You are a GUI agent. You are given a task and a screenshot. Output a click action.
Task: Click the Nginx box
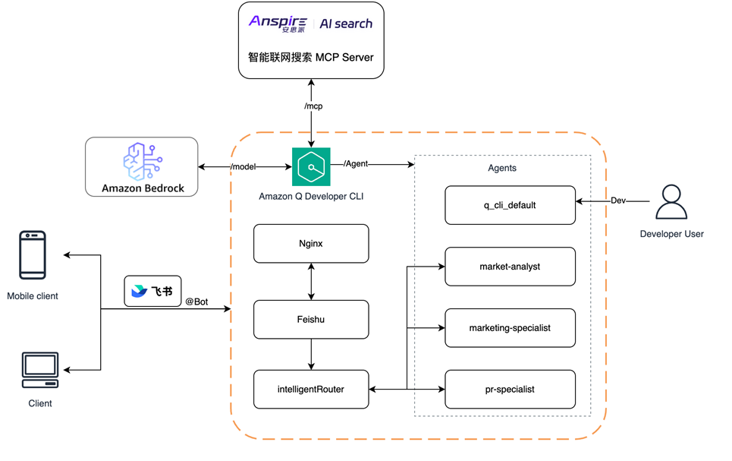click(x=311, y=244)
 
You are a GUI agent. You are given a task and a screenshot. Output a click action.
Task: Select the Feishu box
click(x=311, y=320)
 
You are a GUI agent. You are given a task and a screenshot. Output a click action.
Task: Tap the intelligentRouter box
click(x=311, y=390)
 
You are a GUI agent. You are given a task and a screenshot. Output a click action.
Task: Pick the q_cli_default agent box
click(x=510, y=205)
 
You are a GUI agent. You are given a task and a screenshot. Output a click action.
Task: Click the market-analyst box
click(x=510, y=267)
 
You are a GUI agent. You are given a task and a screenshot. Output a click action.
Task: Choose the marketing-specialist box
click(x=510, y=328)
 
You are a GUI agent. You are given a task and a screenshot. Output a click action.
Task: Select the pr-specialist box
click(x=510, y=390)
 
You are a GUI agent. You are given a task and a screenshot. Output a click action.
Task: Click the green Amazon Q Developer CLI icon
click(x=311, y=166)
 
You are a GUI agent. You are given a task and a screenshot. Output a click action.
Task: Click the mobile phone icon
click(x=33, y=256)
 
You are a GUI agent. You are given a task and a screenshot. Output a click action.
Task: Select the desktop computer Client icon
click(x=40, y=370)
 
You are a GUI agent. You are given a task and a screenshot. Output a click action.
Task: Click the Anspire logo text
click(x=278, y=24)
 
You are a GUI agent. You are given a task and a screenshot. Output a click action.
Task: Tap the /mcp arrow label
click(x=313, y=106)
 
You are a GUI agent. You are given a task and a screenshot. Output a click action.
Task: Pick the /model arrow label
click(x=243, y=167)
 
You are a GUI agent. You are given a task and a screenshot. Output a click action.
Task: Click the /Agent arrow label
click(x=356, y=163)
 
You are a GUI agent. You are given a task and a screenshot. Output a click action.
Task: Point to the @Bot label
click(x=196, y=302)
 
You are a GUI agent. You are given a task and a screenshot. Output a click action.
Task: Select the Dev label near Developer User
click(x=618, y=201)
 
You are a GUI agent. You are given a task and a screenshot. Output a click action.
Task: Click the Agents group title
click(x=502, y=168)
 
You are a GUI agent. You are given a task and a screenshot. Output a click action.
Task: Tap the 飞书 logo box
click(x=152, y=291)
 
